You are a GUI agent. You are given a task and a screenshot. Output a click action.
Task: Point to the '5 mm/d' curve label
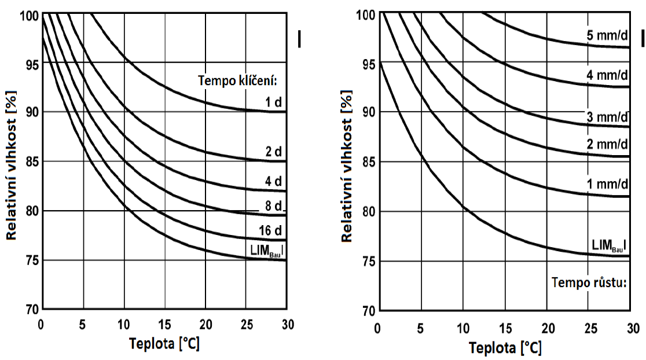pos(607,35)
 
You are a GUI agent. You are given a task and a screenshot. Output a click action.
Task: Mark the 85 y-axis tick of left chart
pos(30,161)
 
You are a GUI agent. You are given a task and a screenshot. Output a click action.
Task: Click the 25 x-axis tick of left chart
pos(246,323)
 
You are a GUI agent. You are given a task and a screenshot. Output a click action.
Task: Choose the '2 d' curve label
pos(274,152)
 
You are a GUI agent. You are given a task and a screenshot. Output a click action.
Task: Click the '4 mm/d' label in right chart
pos(607,75)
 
